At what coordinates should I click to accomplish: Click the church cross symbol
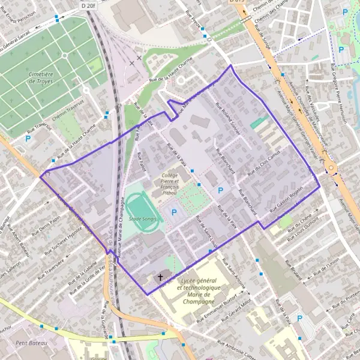click(160, 278)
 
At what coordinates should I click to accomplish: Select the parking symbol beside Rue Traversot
click(28, 139)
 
